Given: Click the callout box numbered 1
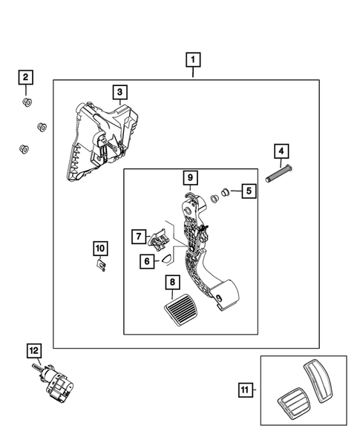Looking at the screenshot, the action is click(193, 59).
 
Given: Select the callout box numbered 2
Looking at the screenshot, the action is click(26, 77).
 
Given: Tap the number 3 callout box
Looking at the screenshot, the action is click(120, 92).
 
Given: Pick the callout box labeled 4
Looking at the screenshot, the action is click(281, 151).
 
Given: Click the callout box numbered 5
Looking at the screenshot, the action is click(249, 191).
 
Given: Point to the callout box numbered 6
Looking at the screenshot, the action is click(147, 261).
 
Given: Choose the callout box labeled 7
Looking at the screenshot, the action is click(139, 237).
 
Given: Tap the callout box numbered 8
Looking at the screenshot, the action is click(173, 282).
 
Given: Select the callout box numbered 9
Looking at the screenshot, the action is click(190, 177).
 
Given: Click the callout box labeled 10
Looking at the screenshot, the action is click(100, 249).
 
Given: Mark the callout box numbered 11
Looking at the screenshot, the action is click(245, 390).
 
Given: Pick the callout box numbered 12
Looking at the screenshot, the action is click(34, 351).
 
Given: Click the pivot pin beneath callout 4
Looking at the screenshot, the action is click(279, 174).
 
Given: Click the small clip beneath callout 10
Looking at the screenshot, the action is click(101, 265).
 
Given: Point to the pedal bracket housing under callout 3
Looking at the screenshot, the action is click(102, 141).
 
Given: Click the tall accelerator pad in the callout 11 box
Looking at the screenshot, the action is click(318, 381).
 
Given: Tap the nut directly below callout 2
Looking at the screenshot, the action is click(27, 102).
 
